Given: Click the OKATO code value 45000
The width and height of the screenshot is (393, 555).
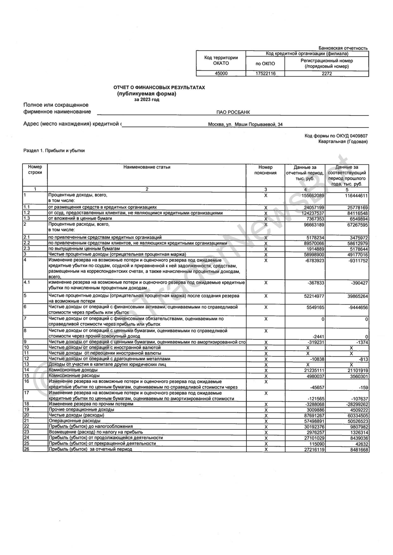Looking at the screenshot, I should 221,73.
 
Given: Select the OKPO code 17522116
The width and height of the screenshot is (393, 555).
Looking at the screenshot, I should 265,73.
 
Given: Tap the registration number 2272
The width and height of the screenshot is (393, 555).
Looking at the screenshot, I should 327,73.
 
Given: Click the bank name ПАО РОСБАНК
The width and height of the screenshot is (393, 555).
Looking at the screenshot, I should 233,112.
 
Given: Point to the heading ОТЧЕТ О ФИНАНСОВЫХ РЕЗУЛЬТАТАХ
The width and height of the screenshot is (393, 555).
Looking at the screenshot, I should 159,87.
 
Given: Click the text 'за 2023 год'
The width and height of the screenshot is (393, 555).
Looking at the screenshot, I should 147,100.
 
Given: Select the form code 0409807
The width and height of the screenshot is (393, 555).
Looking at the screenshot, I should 359,136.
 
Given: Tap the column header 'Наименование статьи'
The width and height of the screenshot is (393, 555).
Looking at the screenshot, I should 147,167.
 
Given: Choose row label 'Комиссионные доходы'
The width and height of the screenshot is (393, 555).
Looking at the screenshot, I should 73,370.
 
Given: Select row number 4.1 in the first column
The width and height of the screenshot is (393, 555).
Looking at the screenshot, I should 27,282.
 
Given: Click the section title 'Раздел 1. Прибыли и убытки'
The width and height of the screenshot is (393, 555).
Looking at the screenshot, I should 54,151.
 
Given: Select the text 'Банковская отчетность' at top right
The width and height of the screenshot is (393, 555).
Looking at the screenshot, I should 343,48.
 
